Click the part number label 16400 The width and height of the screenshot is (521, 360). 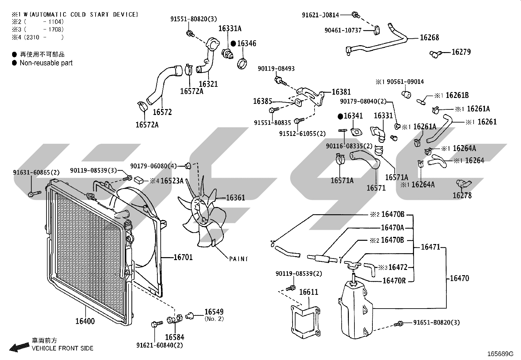tap(85, 321)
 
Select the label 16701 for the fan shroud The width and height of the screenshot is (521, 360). tap(183, 257)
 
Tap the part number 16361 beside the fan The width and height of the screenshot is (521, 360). tap(235, 198)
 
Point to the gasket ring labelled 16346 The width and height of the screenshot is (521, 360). tap(242, 64)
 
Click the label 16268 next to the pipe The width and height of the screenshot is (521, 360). tap(429, 37)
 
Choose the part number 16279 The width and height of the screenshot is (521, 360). tap(461, 52)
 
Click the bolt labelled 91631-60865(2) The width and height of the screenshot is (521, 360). tap(35, 194)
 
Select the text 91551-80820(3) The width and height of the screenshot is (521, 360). tap(193, 19)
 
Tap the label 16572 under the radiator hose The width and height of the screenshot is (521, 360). tap(162, 112)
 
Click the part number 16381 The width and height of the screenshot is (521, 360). tap(341, 92)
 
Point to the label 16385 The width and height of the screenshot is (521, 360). tap(262, 101)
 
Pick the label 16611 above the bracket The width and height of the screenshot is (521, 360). tap(309, 292)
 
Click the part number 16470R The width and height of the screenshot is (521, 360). tap(394, 281)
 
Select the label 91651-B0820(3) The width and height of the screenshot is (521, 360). tap(436, 323)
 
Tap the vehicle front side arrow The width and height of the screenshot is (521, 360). tap(19, 348)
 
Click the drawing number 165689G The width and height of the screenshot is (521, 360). tap(500, 354)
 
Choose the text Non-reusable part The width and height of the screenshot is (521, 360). tap(46, 63)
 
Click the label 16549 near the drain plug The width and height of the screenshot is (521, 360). tap(214, 312)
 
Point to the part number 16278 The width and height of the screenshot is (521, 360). tap(462, 196)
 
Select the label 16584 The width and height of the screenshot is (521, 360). tap(174, 337)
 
